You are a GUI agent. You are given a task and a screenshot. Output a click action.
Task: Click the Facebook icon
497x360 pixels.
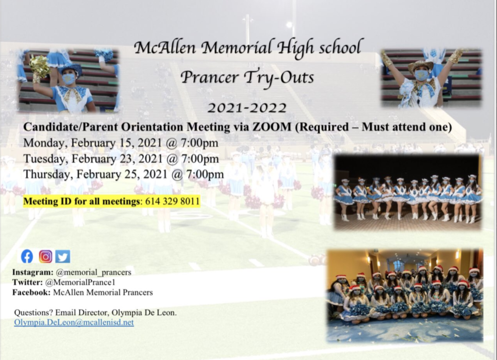pyautogui.click(x=27, y=256)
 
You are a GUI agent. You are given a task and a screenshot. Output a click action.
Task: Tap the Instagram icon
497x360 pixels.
pyautogui.click(x=46, y=256)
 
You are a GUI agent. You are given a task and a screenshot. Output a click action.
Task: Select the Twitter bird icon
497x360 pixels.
pyautogui.click(x=63, y=256)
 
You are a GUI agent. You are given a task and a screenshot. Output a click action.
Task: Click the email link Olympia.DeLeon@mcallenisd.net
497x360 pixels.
pyautogui.click(x=74, y=323)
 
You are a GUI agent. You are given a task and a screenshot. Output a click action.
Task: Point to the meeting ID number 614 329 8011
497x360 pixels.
pyautogui.click(x=172, y=201)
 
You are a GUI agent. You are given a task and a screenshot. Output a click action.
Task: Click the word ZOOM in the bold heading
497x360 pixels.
pyautogui.click(x=272, y=127)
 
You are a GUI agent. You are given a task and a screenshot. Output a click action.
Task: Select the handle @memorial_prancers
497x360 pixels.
pyautogui.click(x=94, y=272)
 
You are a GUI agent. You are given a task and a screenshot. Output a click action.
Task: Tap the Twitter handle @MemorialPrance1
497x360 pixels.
pyautogui.click(x=80, y=282)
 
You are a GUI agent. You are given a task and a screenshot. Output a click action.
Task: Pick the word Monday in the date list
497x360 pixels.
pyautogui.click(x=45, y=143)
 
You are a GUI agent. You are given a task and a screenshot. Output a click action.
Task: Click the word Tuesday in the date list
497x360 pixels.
pyautogui.click(x=45, y=159)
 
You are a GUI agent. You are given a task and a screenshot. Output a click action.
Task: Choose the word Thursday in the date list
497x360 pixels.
pyautogui.click(x=48, y=174)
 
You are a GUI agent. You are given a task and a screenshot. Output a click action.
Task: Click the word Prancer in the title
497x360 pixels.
pyautogui.click(x=210, y=77)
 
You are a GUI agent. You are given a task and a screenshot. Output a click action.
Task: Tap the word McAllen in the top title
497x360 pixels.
pyautogui.click(x=165, y=48)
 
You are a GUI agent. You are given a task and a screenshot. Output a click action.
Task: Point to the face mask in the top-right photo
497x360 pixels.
pyautogui.click(x=422, y=75)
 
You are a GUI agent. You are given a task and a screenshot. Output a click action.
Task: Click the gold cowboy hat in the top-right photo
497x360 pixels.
pyautogui.click(x=420, y=65)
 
